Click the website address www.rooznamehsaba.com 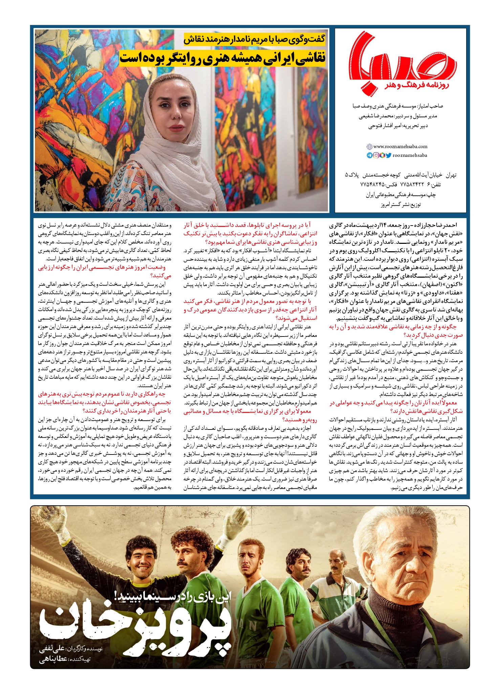[x=400, y=146]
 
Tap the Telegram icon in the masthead [x=369, y=156]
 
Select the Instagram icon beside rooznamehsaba [x=376, y=156]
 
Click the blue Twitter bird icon [x=388, y=156]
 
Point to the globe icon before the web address [x=369, y=147]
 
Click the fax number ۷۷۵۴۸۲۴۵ [x=372, y=185]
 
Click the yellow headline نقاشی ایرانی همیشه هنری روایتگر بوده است [x=222, y=57]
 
